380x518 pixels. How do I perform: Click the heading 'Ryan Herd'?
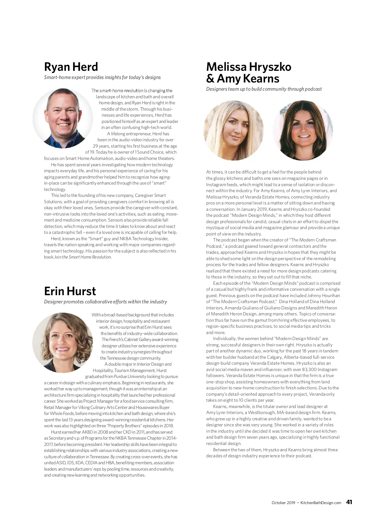coord(71,67)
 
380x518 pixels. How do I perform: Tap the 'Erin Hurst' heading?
coord(70,291)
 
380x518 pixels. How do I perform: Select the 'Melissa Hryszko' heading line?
coord(249,67)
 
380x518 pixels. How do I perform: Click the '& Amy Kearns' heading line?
coord(243,79)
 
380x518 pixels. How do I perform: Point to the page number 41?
coord(349,502)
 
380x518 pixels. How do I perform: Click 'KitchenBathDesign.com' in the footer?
coord(320,503)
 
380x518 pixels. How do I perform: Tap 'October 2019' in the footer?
coord(283,503)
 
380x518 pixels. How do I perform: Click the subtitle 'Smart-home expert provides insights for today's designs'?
coord(102,77)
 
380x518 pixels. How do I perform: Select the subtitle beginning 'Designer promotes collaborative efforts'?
coord(105,302)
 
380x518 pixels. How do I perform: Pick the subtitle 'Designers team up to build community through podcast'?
coord(264,89)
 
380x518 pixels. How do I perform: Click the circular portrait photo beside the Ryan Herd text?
coord(63,118)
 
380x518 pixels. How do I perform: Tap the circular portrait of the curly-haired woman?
coord(62,342)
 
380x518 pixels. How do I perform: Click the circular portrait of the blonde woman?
coord(233,131)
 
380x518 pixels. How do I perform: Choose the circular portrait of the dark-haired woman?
coord(303,131)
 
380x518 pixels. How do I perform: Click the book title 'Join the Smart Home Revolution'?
coord(83,257)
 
